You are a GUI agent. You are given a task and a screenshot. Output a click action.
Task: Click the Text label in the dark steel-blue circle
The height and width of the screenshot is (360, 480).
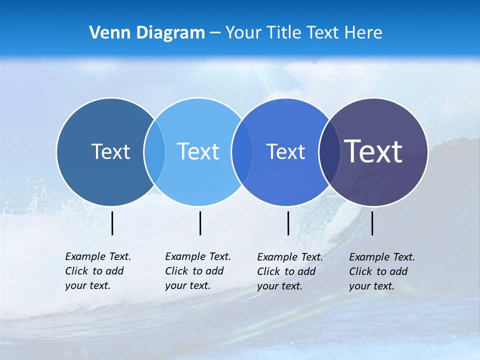point(110,151)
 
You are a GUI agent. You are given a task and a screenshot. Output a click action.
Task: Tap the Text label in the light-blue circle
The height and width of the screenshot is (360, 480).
point(198,151)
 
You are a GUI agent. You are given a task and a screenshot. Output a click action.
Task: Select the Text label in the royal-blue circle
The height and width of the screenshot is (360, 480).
point(285,151)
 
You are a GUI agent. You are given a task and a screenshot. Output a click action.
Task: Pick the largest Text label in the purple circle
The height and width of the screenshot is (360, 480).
point(373,151)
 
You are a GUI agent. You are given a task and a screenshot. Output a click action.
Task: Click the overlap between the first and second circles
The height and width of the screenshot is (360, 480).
point(154,152)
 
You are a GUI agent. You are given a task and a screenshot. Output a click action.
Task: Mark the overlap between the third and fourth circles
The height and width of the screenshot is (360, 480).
point(328,152)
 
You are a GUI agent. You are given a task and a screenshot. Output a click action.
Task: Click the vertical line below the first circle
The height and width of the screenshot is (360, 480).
point(112,223)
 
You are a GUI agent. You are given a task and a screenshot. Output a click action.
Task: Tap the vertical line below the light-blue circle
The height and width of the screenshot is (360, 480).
point(200,223)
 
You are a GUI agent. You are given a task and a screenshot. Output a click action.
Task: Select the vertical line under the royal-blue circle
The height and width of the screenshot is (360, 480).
point(288,223)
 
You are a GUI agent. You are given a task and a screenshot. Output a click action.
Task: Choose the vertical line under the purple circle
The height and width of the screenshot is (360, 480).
point(372,223)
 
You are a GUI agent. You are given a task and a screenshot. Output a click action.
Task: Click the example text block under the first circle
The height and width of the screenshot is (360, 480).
point(97,271)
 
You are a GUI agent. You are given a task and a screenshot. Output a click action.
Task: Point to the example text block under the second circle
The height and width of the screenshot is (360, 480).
point(197,271)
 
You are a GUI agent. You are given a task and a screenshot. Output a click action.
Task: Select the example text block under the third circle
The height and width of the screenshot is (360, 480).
point(289,271)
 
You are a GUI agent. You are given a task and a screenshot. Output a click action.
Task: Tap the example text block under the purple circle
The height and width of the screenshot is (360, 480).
point(381,271)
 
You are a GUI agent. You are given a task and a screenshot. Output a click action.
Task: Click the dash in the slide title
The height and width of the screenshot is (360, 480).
point(215,33)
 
